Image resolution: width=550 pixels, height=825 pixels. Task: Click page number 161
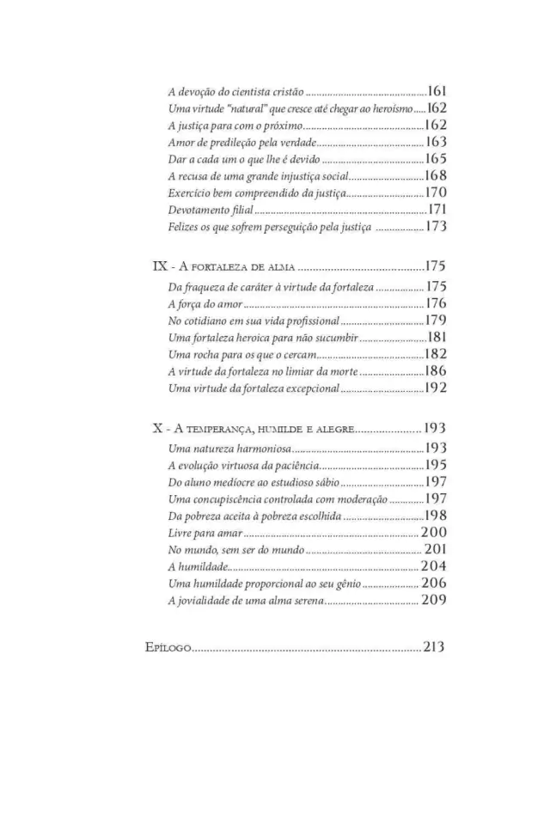437,91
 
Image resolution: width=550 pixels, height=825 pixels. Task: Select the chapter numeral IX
160,267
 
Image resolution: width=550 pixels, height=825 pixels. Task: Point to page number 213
433,647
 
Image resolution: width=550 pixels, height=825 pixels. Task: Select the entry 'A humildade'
198,566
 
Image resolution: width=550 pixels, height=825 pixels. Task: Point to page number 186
437,371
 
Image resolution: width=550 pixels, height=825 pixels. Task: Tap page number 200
434,534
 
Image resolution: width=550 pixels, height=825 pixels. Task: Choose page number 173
437,227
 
